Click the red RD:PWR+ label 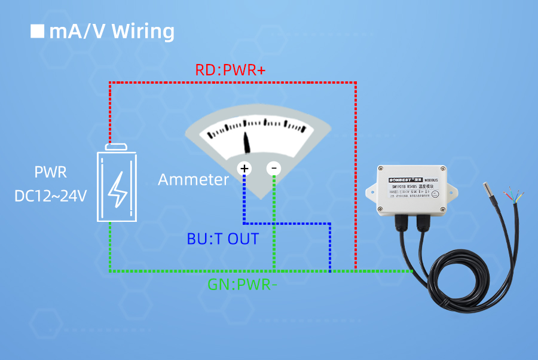pos(230,70)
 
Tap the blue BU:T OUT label pos(222,239)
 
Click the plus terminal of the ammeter pos(244,169)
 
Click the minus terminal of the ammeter pos(274,169)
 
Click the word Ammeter pos(193,179)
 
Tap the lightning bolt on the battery pos(117,187)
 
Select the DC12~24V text pos(51,196)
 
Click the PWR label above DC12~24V pos(50,173)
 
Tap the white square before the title pos(38,31)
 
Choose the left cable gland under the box pos(402,224)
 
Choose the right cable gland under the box pos(426,224)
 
